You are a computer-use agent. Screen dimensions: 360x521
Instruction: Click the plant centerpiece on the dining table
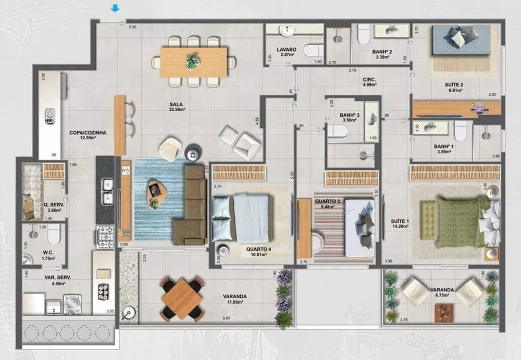click(193, 61)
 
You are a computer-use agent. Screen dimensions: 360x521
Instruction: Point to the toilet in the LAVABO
click(313, 51)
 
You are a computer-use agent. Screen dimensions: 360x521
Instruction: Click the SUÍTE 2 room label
click(456, 86)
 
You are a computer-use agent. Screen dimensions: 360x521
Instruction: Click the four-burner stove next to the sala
click(106, 235)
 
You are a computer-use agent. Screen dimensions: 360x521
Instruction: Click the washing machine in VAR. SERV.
click(72, 304)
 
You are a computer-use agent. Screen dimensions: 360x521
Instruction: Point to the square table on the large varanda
click(181, 299)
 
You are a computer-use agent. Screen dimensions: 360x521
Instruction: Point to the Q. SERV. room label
click(54, 207)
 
